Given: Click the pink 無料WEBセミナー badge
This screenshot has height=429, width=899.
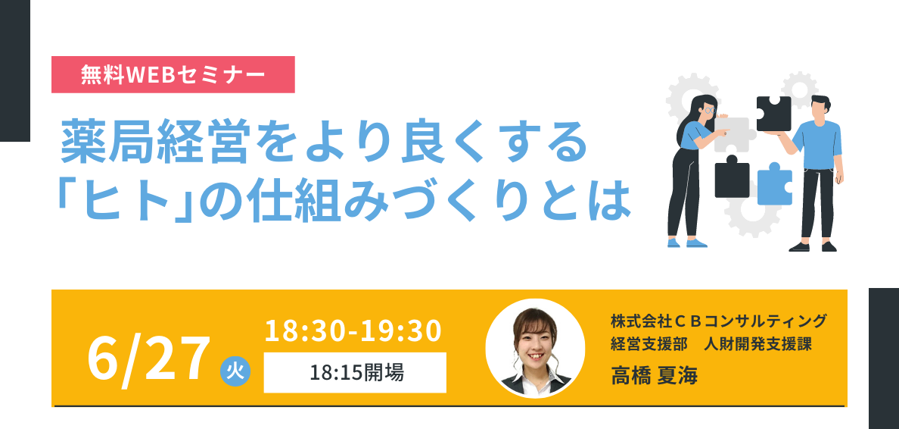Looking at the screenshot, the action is pos(173,75).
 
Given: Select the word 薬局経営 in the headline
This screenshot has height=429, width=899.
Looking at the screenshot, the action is pos(155,143).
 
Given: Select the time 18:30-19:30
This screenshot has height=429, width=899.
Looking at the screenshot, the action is pos(353,331).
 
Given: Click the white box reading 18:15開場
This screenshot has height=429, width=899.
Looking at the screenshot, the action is pos(355,373).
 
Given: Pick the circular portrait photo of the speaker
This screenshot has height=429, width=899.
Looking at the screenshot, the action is pos(535,348).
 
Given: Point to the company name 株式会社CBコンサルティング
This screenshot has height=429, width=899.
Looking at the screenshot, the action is pos(719,320).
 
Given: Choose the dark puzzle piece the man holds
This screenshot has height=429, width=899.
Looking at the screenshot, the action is pos(773,114).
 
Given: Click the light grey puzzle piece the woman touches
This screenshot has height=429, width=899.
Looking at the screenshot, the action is pos(732,135).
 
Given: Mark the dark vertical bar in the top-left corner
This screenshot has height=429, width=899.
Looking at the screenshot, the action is pos(15,70).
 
